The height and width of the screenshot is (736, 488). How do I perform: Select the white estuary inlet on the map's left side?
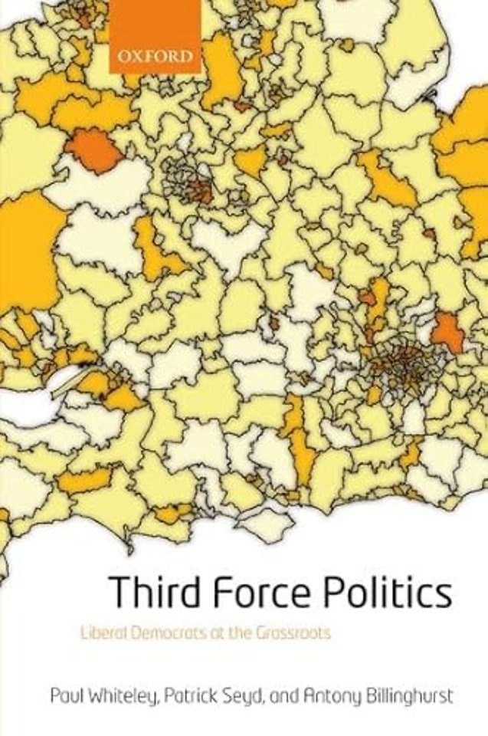31,402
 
